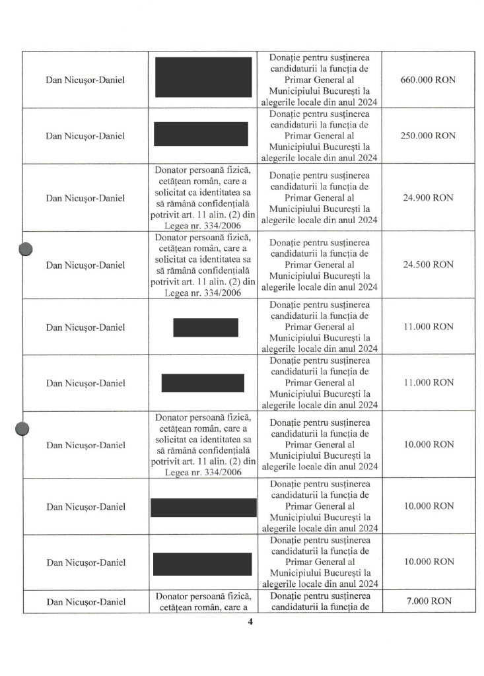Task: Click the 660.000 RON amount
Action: (428, 80)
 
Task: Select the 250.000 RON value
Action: (428, 135)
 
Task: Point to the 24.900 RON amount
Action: (428, 197)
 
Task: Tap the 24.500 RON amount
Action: (428, 264)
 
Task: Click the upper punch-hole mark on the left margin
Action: (26, 250)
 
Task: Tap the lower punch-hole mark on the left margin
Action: (23, 429)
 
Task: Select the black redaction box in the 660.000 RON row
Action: (203, 77)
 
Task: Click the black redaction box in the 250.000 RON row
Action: (201, 134)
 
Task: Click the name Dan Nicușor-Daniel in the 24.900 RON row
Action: (85, 198)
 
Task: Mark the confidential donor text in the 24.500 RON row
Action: (203, 265)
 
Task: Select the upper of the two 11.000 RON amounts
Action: (428, 327)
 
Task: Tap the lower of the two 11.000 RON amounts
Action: (428, 382)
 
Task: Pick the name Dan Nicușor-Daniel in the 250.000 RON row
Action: (85, 136)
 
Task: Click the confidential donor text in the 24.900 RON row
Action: (203, 197)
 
